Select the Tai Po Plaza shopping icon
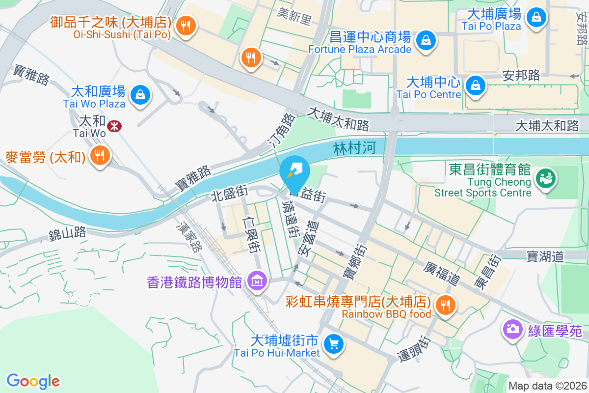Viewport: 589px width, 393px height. coord(536,17)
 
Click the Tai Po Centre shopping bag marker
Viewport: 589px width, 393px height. coord(475,84)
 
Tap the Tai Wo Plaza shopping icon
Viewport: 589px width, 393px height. coord(140,93)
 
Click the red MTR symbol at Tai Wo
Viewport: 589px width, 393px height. coord(114,126)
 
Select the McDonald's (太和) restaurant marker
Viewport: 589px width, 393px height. coord(100,156)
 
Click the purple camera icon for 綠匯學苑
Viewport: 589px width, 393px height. coord(512,328)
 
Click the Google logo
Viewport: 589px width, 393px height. coord(33,381)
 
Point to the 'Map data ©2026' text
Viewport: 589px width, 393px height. coord(547,386)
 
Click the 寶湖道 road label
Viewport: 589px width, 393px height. coord(546,255)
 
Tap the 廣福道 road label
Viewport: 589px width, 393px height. coord(442,274)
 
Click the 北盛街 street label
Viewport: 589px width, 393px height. coord(229,195)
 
